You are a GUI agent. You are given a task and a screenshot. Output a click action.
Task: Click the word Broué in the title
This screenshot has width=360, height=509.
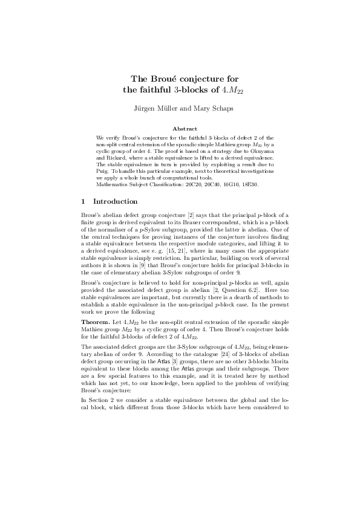pos(168,79)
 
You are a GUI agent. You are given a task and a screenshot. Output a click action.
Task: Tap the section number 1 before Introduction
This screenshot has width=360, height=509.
pos(83,200)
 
